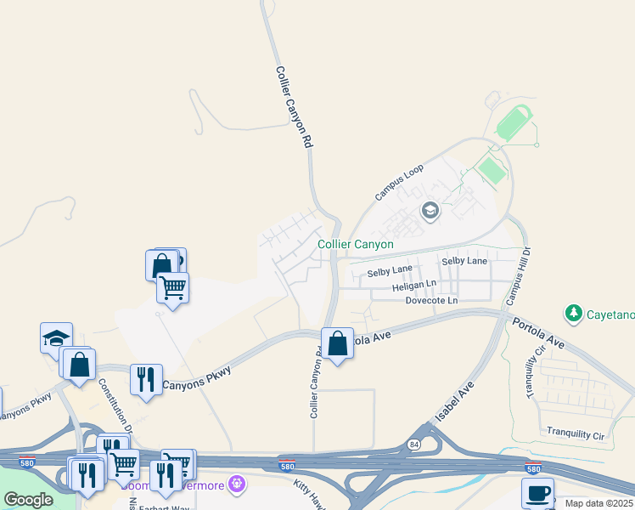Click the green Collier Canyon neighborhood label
(356, 244)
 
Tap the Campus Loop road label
(399, 182)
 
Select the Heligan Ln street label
(414, 286)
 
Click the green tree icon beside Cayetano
(574, 314)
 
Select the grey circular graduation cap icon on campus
(430, 210)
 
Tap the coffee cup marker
(537, 493)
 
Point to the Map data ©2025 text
(599, 503)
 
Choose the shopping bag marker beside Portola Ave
(337, 343)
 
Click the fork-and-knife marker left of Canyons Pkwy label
(146, 379)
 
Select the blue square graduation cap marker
(56, 337)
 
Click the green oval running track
(513, 124)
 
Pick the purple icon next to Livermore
(236, 484)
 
